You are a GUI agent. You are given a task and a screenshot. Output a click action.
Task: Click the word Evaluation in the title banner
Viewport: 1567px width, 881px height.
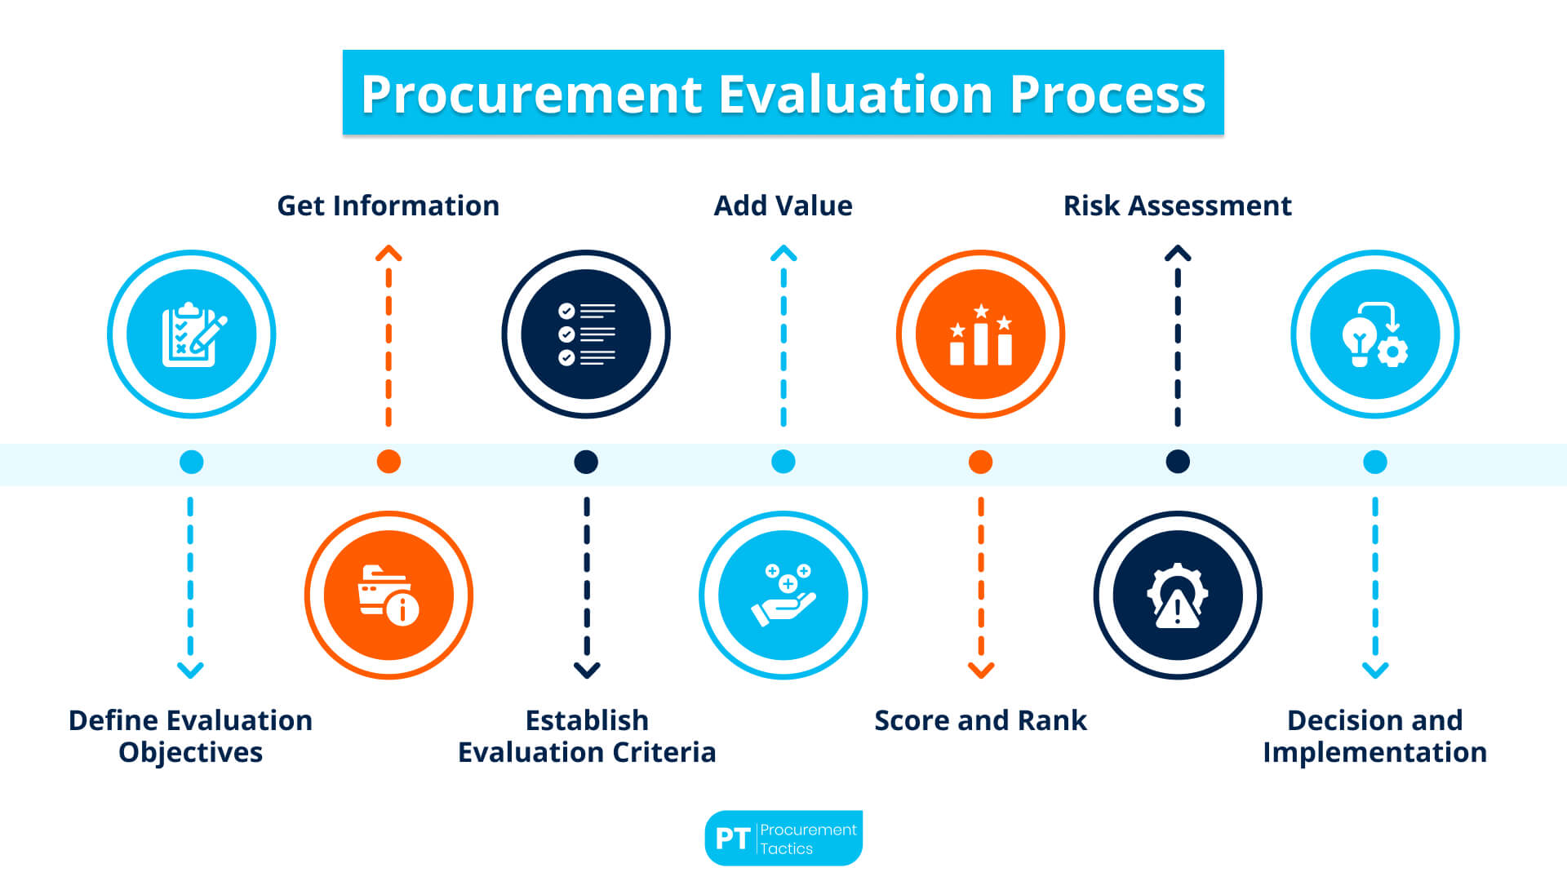(856, 94)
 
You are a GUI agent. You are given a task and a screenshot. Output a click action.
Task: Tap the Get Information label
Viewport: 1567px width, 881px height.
(388, 206)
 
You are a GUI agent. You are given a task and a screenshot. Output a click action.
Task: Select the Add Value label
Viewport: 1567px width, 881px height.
(783, 206)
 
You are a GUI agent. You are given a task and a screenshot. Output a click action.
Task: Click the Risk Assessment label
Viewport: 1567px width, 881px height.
(1177, 206)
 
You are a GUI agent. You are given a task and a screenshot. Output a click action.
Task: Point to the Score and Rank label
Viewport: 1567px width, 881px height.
(980, 720)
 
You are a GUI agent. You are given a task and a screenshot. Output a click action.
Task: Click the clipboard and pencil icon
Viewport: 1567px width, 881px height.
(192, 334)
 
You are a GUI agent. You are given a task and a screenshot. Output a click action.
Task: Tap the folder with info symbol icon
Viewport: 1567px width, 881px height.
(388, 595)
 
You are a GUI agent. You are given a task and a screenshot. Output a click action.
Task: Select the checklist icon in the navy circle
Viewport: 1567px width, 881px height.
(586, 334)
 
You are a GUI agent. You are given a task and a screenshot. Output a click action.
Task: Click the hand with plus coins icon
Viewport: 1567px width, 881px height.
(783, 595)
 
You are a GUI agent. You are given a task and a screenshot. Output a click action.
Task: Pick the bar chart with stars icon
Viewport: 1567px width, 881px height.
(980, 334)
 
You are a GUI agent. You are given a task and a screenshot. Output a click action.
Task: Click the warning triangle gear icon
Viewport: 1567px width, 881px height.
(1177, 595)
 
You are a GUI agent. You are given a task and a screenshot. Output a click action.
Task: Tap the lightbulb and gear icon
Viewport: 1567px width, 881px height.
(1375, 334)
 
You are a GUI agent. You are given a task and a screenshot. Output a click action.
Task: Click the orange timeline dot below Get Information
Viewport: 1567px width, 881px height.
(388, 462)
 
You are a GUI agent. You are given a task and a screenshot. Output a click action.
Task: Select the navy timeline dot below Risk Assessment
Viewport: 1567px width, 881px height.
(1178, 462)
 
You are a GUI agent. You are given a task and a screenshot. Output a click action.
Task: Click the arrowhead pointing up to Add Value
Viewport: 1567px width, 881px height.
(783, 254)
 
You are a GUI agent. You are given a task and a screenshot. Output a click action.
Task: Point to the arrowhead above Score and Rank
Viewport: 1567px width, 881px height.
(981, 671)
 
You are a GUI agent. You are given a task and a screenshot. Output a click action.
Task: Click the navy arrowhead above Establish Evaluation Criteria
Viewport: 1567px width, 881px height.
(587, 671)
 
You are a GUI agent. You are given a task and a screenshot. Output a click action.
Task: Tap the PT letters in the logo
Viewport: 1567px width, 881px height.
(732, 839)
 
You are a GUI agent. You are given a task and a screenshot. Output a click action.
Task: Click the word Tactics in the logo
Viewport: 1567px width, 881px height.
(787, 849)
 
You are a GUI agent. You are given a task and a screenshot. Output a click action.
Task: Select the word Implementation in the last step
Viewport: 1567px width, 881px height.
(1374, 752)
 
